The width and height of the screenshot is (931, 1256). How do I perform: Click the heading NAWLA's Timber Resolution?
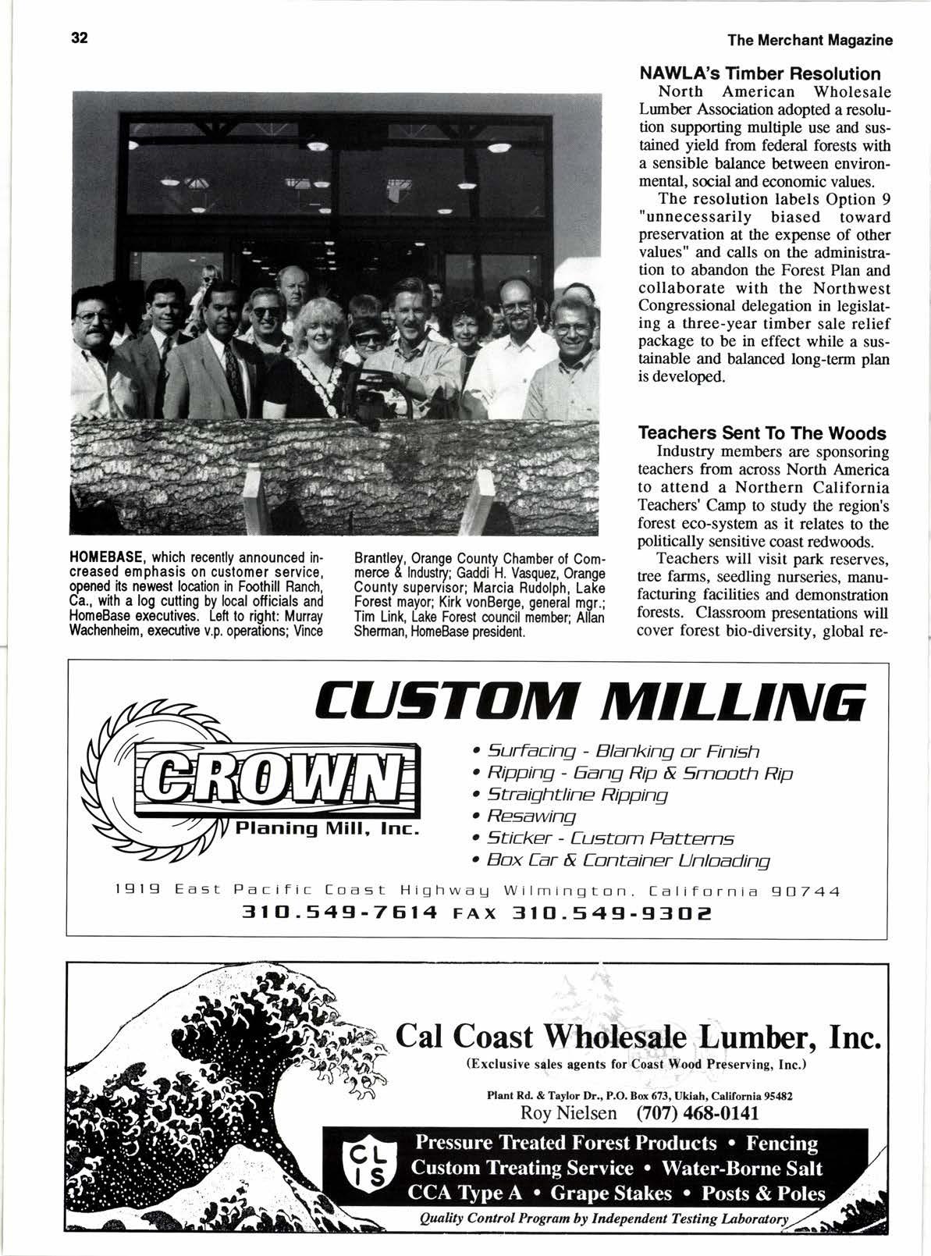(759, 74)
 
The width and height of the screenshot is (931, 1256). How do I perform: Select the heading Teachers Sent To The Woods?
(762, 433)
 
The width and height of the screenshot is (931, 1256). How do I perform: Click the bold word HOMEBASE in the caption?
(107, 559)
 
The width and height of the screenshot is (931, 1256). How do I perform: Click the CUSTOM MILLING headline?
(590, 701)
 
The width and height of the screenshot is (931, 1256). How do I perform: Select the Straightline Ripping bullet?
(577, 795)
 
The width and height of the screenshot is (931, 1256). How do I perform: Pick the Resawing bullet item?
(531, 817)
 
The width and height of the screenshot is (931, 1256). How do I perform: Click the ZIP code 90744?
(805, 891)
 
